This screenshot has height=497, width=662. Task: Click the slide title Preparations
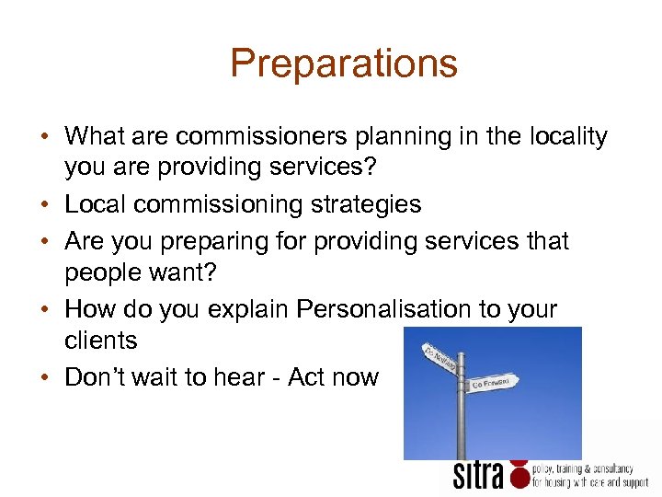click(x=343, y=64)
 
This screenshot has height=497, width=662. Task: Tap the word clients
click(x=101, y=341)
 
